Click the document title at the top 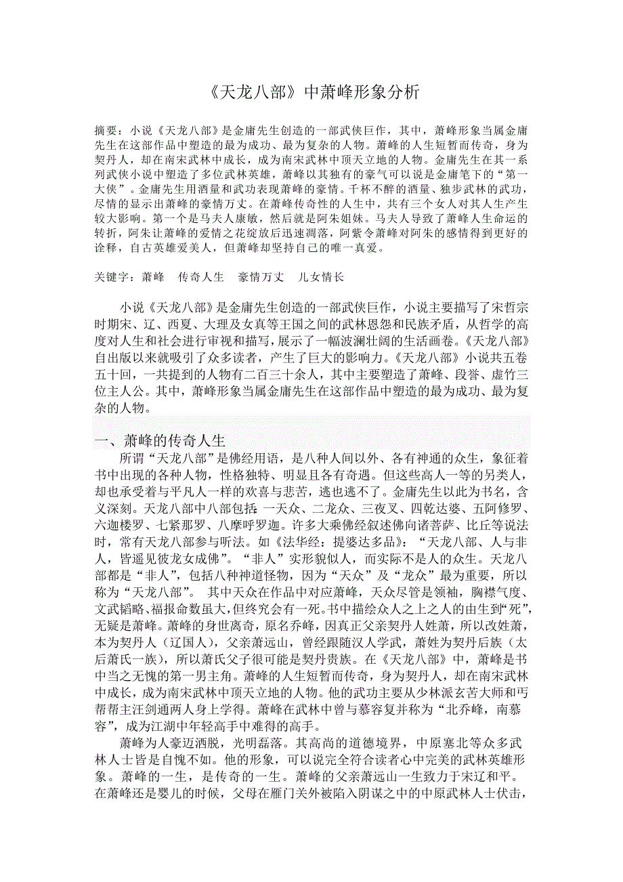click(311, 91)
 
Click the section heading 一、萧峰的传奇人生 click(160, 440)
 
